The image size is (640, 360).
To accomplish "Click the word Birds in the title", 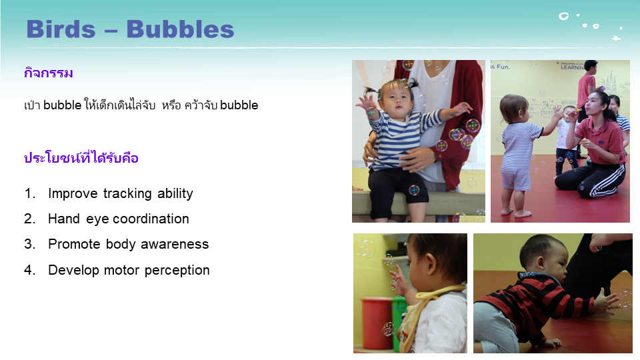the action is coord(61,29).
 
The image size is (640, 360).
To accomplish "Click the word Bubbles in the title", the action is coord(180,29).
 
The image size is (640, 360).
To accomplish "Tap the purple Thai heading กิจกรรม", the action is coord(49,73).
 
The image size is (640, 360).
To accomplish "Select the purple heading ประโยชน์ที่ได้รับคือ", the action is coord(81,157).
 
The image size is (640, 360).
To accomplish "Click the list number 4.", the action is coord(29,270).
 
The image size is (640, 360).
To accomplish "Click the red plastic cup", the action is coord(377,323).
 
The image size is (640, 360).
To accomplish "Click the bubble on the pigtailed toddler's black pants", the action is coord(414,190).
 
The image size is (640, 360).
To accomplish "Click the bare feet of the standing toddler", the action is coord(516,212).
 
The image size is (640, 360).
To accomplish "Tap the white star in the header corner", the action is coord(616,39).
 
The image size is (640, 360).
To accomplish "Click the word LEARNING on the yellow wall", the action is coord(573,67).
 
